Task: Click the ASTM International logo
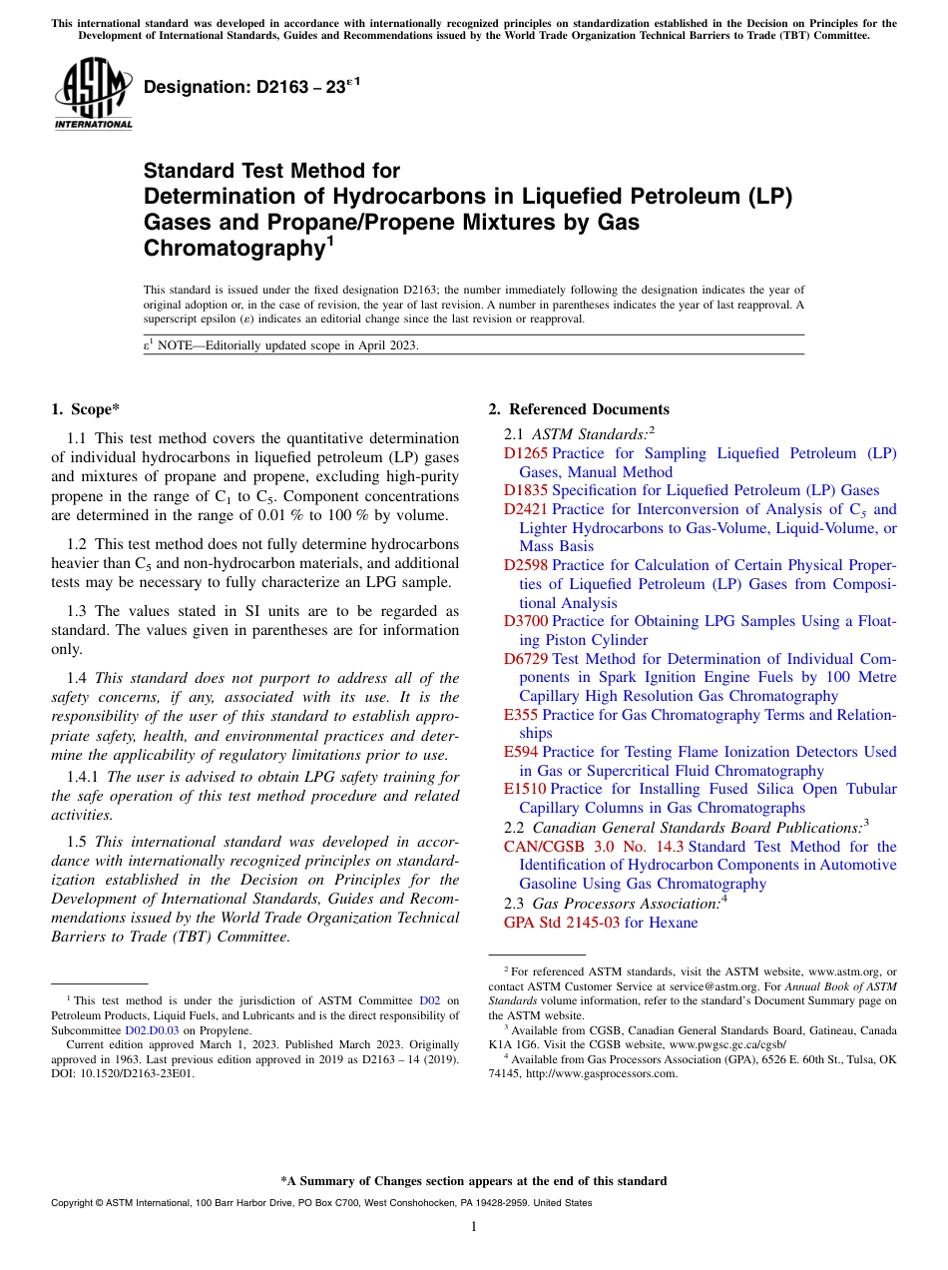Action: [x=93, y=94]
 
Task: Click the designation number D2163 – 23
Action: [x=250, y=88]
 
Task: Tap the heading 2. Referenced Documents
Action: [x=579, y=408]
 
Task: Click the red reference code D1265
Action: [x=526, y=453]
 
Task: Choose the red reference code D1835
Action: [x=526, y=490]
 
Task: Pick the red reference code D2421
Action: [x=526, y=509]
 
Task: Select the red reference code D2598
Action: [x=526, y=565]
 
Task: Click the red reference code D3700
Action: [x=526, y=621]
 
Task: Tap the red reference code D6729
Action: [x=526, y=659]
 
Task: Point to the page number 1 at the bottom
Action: [x=474, y=1227]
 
